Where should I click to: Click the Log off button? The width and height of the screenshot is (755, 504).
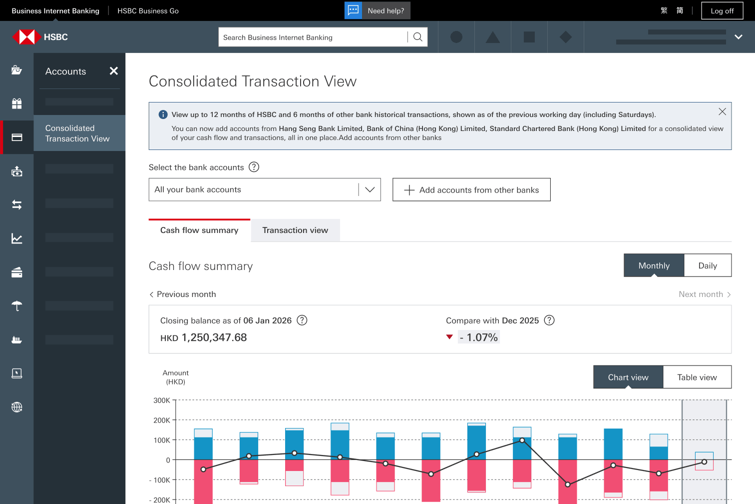pos(722,11)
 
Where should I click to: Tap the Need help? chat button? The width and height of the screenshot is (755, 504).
pos(377,10)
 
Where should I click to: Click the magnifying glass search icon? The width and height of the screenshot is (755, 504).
pos(417,37)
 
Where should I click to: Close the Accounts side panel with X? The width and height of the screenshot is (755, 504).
pos(113,71)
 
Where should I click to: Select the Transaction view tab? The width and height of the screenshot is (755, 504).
pos(295,230)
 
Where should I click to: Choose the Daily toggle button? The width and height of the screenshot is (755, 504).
pos(708,265)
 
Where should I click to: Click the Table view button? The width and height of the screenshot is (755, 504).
pos(697,377)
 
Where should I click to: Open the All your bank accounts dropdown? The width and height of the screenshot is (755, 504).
pos(265,189)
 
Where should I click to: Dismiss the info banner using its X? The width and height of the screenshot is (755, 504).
pos(722,111)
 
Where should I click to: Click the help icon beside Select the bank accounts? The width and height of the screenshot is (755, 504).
pos(254,167)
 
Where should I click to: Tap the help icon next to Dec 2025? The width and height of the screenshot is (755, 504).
pos(549,320)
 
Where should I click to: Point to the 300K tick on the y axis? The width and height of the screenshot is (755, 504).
pos(162,400)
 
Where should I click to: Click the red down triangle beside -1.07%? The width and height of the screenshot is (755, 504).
pos(449,337)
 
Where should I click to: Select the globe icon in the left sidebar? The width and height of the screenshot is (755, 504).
pos(16,407)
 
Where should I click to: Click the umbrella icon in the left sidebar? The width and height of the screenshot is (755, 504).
pos(16,306)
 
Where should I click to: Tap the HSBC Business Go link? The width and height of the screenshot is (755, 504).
pos(148,11)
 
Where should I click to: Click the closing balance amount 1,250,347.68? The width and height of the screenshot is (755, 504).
pos(214,337)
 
